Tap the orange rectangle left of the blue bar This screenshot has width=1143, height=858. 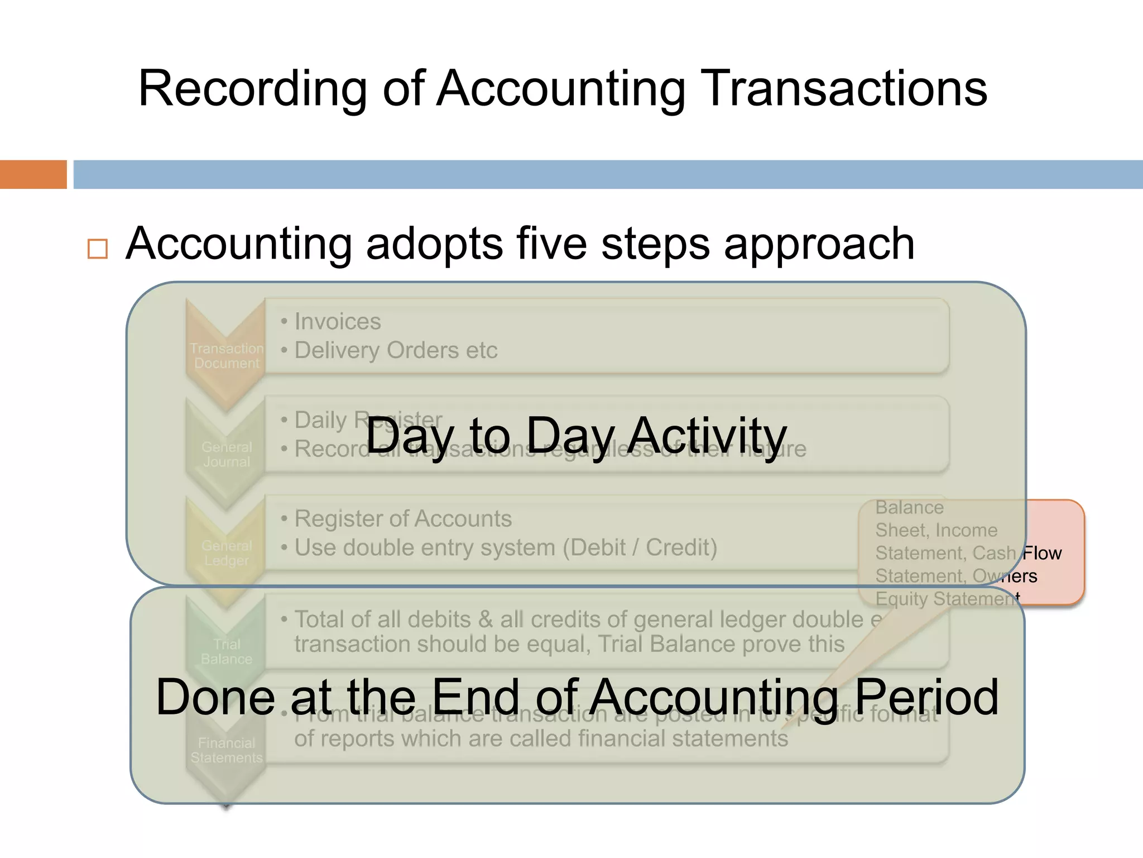click(x=33, y=174)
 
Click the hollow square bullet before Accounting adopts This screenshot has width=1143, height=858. click(x=98, y=249)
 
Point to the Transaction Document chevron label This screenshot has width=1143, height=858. click(x=227, y=356)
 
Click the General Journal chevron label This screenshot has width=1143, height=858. click(x=227, y=455)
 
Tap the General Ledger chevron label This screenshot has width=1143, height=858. click(x=227, y=553)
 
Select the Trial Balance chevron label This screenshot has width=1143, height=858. click(x=227, y=652)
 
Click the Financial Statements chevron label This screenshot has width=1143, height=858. click(x=227, y=750)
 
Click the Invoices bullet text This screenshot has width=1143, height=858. click(x=338, y=322)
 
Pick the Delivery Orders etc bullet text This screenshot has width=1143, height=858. click(x=396, y=351)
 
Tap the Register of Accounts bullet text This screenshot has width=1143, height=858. click(x=403, y=519)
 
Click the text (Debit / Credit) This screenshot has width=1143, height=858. click(x=640, y=548)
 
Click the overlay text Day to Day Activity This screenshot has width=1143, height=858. click(x=576, y=436)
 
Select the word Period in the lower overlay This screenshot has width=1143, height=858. click(x=926, y=697)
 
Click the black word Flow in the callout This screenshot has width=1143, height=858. click(x=1042, y=553)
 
